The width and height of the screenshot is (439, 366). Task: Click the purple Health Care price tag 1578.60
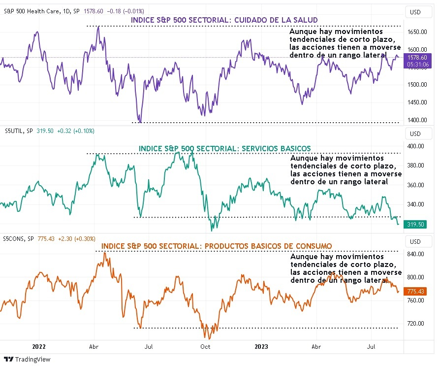click(x=416, y=58)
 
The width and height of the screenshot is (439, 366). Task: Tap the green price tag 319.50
click(x=414, y=225)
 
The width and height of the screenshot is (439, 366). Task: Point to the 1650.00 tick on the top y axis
click(x=416, y=32)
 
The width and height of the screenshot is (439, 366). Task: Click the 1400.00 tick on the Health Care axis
click(x=416, y=120)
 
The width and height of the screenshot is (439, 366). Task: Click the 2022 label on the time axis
click(x=38, y=347)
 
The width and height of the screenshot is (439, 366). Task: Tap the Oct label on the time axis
click(x=205, y=347)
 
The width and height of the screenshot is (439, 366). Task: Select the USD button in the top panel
click(x=415, y=12)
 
